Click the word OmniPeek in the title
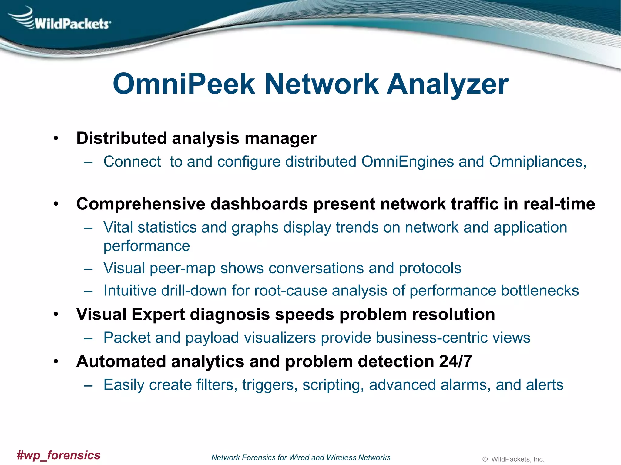pyautogui.click(x=183, y=84)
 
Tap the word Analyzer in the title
pyautogui.click(x=448, y=84)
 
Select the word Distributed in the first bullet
pyautogui.click(x=121, y=138)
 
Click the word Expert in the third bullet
pyautogui.click(x=158, y=314)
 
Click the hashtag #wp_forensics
pyautogui.click(x=59, y=455)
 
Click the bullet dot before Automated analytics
pyautogui.click(x=55, y=361)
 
